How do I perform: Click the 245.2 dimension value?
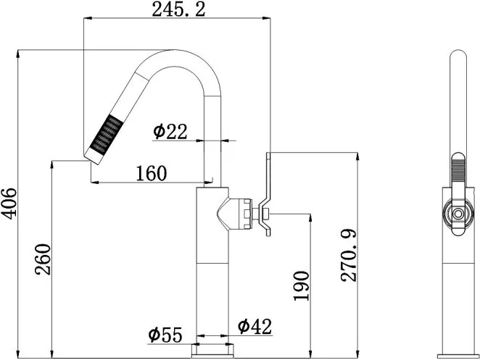(x=178, y=9)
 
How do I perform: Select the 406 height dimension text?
(x=9, y=204)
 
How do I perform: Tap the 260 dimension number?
(x=43, y=259)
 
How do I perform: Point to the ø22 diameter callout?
(x=170, y=132)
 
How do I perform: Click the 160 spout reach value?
(x=152, y=173)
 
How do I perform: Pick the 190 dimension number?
(x=301, y=285)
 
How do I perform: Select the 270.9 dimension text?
(x=349, y=256)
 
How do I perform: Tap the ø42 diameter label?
(x=255, y=326)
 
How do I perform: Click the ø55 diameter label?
(x=165, y=335)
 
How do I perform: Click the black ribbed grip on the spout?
(x=107, y=134)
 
